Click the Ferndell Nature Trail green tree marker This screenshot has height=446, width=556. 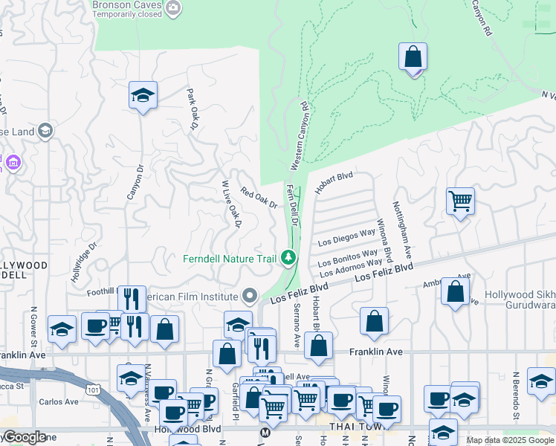(x=288, y=258)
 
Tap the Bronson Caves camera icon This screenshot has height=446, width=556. (x=174, y=8)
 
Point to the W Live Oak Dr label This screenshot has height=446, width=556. (x=232, y=204)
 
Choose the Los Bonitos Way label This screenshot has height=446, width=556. (x=349, y=259)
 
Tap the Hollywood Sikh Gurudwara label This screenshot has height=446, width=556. (x=520, y=300)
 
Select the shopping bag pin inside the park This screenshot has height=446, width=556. (x=413, y=57)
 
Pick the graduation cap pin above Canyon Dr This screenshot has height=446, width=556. (x=143, y=96)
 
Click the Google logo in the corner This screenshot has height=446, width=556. (x=24, y=437)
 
